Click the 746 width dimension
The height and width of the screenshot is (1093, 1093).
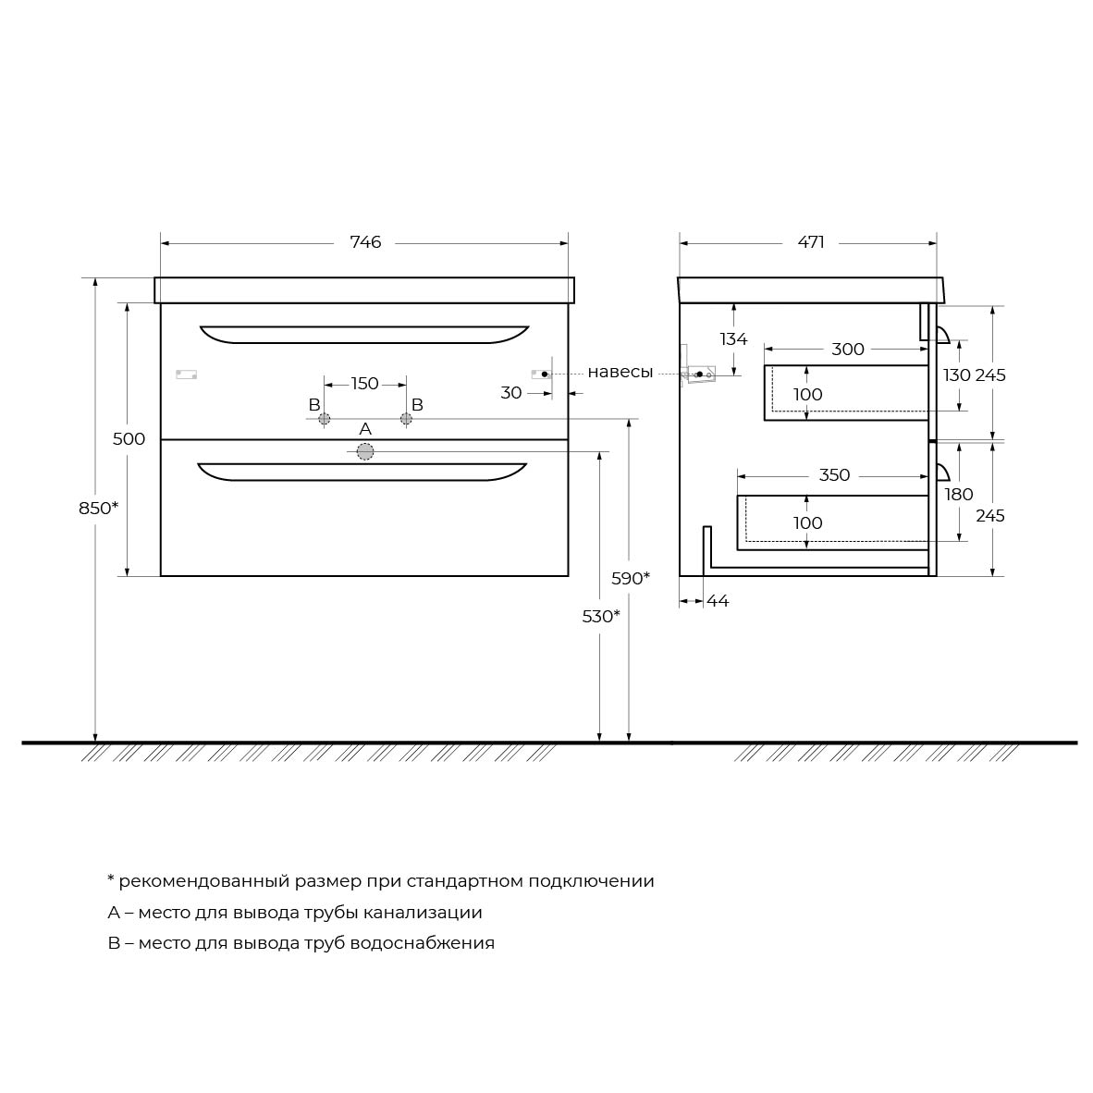(365, 242)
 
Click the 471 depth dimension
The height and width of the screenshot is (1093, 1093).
(811, 242)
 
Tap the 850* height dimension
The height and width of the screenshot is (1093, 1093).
(99, 508)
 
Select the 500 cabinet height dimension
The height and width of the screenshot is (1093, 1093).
(129, 439)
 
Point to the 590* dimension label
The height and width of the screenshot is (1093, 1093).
(631, 579)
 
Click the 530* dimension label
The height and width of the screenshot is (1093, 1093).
(601, 616)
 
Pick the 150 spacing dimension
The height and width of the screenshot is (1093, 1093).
(365, 384)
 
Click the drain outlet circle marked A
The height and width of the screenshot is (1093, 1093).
(365, 451)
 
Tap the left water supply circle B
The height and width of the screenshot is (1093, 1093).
(325, 419)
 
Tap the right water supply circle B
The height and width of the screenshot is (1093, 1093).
(406, 419)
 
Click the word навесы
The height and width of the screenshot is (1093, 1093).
(620, 373)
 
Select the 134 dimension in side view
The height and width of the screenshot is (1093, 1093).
(733, 339)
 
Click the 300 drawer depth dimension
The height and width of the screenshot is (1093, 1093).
(848, 350)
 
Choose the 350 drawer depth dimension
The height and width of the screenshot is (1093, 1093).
(834, 475)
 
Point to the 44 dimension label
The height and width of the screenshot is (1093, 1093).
(718, 601)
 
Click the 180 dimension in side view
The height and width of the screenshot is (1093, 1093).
(959, 495)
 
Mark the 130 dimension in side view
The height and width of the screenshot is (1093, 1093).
(957, 375)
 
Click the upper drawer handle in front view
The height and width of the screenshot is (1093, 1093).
(364, 334)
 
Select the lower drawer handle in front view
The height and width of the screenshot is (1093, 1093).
(362, 472)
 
